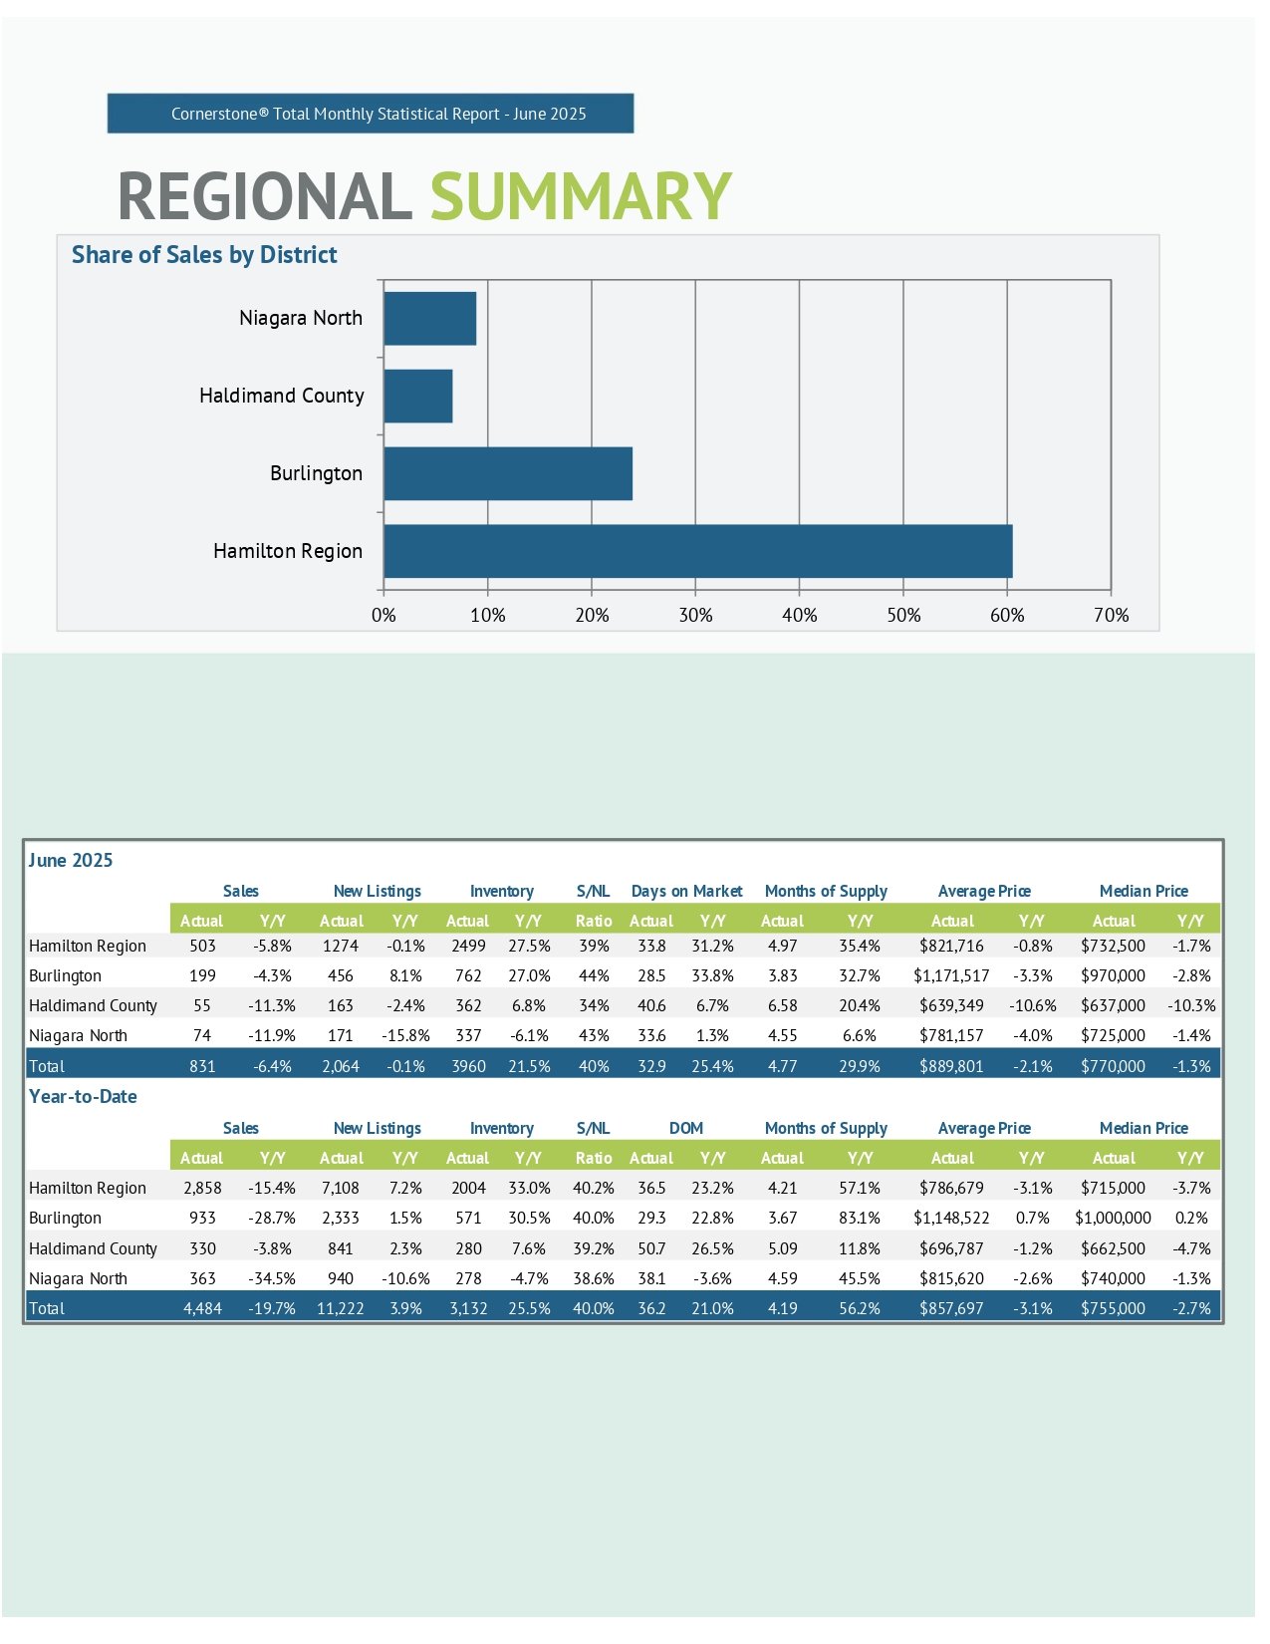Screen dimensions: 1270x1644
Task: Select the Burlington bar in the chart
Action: [508, 473]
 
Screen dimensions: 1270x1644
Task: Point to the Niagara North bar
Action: [429, 319]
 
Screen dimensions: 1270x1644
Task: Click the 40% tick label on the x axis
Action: [799, 615]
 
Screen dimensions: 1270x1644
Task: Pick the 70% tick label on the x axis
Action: [1111, 615]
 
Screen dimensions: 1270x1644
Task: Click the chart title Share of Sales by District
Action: [204, 255]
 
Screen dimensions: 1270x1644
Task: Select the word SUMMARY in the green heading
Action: [580, 196]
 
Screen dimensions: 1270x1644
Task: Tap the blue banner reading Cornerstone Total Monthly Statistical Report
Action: [371, 114]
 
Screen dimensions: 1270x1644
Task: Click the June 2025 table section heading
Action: [71, 860]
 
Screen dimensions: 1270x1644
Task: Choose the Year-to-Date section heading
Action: [84, 1096]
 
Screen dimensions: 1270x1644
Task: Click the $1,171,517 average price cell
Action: [951, 976]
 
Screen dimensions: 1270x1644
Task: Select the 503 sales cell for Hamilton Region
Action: [202, 946]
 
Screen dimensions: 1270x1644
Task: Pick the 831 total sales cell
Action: [202, 1066]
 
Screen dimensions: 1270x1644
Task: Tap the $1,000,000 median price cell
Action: [1112, 1218]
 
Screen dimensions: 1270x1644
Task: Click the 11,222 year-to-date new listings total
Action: [341, 1308]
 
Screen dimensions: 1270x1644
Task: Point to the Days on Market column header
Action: [686, 891]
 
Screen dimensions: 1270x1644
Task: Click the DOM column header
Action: [686, 1128]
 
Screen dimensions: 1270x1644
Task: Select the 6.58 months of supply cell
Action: [782, 1005]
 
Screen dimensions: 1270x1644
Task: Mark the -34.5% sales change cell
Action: [272, 1277]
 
